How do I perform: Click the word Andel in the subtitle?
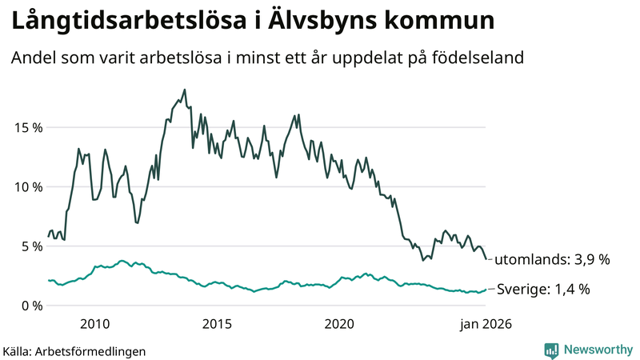point(32,58)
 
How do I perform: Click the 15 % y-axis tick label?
point(26,127)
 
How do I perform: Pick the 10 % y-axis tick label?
point(26,186)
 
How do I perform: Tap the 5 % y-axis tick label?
point(30,246)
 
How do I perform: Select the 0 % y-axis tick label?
point(30,305)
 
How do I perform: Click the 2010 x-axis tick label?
point(94,324)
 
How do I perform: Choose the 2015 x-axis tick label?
point(217,324)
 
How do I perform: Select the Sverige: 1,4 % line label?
point(543,289)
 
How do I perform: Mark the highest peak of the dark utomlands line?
point(185,90)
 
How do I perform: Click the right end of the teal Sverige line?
point(485,290)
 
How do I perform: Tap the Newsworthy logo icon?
point(551,350)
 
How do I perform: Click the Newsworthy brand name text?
point(597,350)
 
